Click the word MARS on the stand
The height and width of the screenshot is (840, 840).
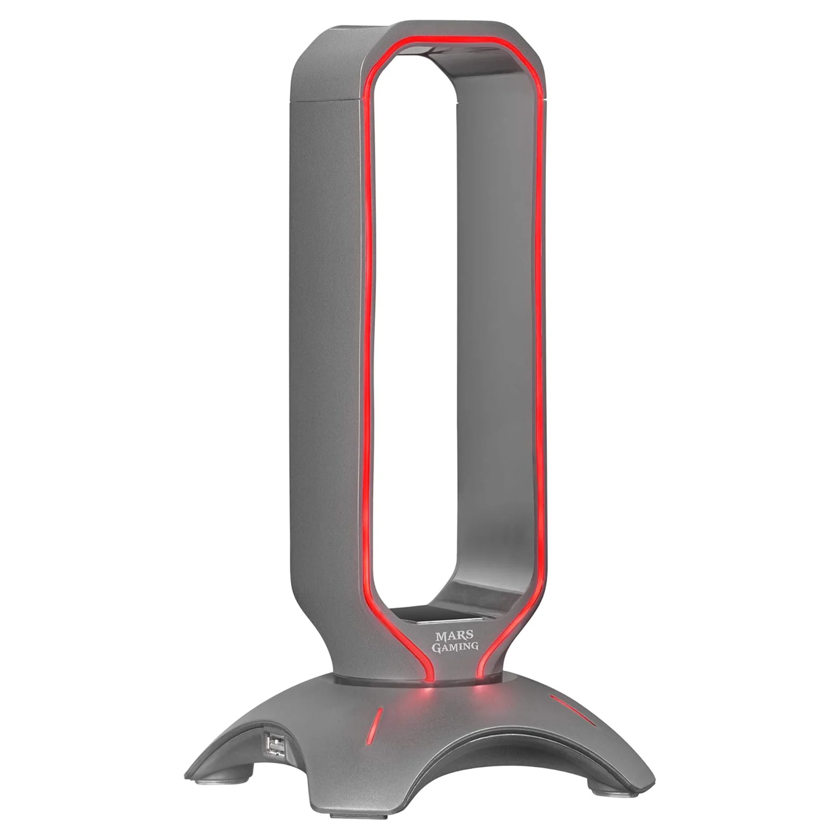point(448,636)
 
